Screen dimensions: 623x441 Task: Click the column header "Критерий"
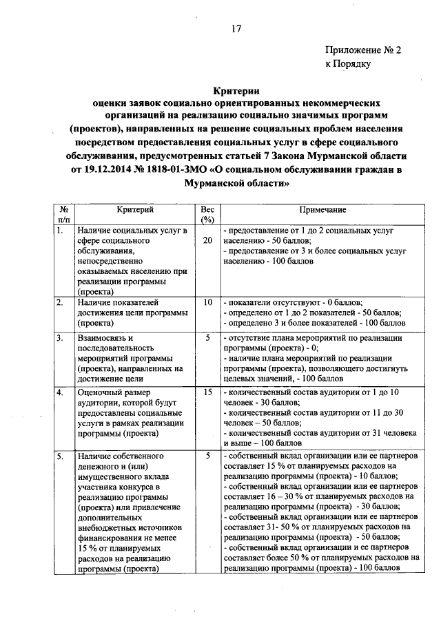134,209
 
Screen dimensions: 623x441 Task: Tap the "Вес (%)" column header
207,215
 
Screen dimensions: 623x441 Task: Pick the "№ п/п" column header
63,215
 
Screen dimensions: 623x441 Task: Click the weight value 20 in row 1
207,241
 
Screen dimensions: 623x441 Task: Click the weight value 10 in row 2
207,302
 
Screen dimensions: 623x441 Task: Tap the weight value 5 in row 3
207,337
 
